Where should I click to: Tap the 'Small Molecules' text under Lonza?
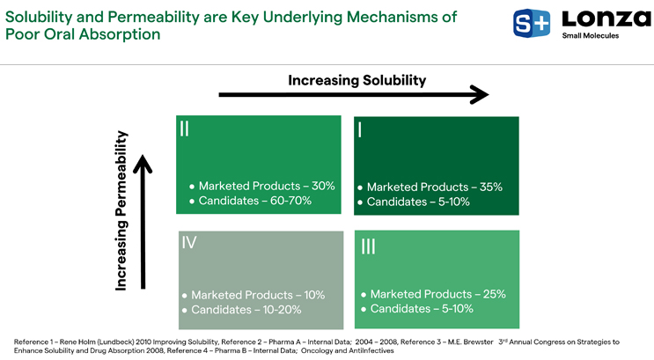[x=590, y=36]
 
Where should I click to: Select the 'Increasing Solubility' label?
[x=356, y=80]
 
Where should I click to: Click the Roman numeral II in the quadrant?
[x=184, y=129]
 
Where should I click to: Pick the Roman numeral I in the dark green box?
[x=361, y=130]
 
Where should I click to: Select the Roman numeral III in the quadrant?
[x=368, y=247]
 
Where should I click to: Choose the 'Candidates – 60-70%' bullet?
[x=254, y=202]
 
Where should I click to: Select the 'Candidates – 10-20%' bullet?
[x=246, y=310]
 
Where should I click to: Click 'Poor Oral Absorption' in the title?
[x=83, y=34]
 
